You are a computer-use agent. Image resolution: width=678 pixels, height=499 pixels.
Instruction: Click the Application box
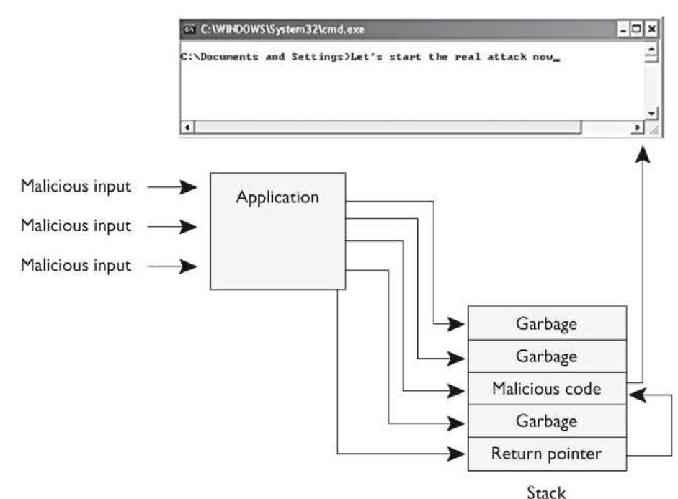coord(277,230)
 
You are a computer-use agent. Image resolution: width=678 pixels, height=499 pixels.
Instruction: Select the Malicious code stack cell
coord(546,389)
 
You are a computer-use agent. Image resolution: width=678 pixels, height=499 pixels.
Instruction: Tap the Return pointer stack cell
coord(546,454)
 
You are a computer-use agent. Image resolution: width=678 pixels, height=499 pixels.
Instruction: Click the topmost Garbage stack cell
coord(546,323)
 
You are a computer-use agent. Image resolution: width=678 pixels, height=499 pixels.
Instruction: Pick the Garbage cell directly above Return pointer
coord(546,421)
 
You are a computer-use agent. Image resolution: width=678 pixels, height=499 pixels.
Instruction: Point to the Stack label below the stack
coord(547,492)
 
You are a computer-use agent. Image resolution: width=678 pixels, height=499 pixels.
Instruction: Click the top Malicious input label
coord(76,186)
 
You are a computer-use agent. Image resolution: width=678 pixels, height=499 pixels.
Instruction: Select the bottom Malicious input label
coord(76,265)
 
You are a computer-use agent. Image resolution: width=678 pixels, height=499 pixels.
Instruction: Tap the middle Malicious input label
coord(76,226)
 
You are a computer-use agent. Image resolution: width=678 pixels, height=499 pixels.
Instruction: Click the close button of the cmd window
coord(651,30)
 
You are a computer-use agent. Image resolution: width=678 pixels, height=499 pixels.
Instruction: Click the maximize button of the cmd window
coord(638,30)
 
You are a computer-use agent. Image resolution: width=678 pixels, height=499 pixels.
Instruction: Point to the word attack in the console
coord(505,57)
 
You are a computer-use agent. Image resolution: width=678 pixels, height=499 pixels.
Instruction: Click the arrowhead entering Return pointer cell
coord(456,454)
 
